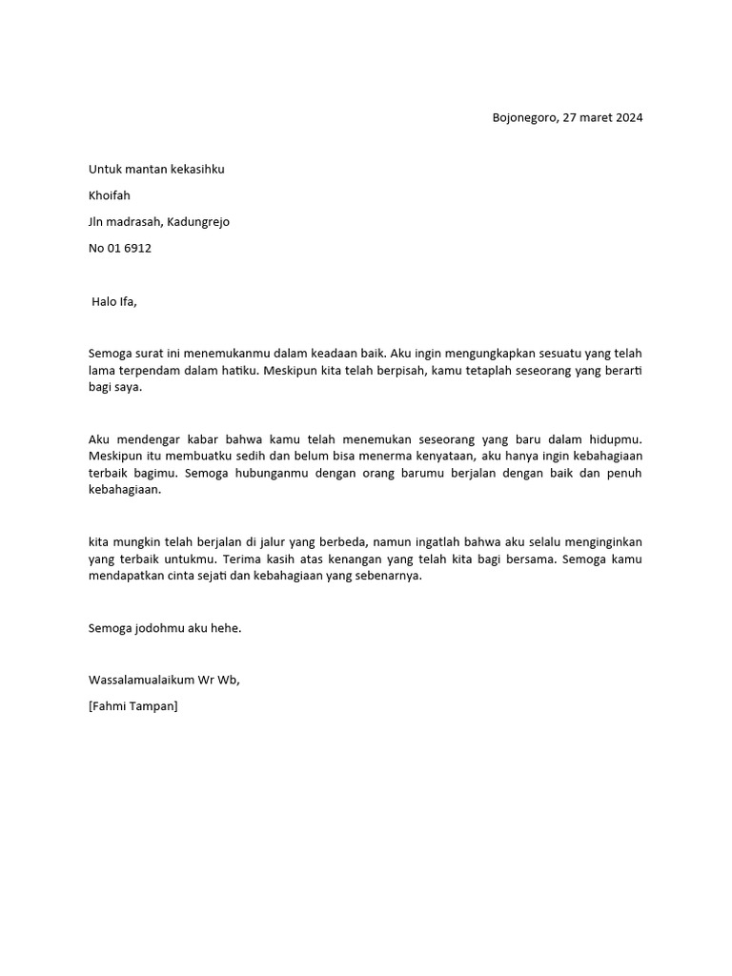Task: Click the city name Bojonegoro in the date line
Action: click(x=524, y=118)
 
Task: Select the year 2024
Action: click(x=628, y=118)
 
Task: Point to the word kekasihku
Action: click(x=197, y=170)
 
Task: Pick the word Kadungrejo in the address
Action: click(x=198, y=222)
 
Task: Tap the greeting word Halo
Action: click(x=104, y=302)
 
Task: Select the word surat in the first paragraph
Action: click(x=150, y=353)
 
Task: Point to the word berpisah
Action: click(x=398, y=370)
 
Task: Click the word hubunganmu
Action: click(x=260, y=474)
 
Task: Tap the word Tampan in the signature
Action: click(x=152, y=706)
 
